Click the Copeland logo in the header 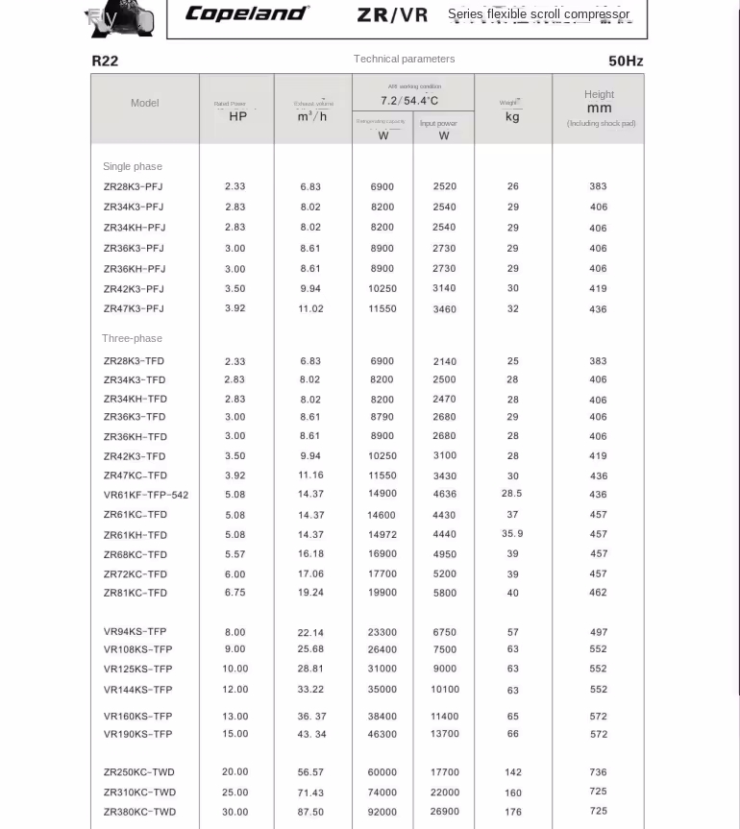(247, 13)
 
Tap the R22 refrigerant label (105, 61)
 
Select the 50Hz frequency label (626, 61)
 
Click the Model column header (145, 103)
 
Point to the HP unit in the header (237, 116)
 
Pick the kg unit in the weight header (512, 116)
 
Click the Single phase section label (133, 166)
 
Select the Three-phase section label (133, 338)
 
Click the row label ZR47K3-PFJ (134, 308)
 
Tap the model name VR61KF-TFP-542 (146, 495)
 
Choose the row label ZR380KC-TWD (139, 812)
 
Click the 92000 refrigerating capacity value (382, 812)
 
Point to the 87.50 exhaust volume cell (311, 812)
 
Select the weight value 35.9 (512, 534)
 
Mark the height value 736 (599, 772)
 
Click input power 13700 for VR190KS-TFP (445, 734)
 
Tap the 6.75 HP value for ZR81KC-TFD (235, 593)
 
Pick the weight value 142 (513, 772)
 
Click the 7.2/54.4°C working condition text (409, 101)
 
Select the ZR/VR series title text (392, 14)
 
